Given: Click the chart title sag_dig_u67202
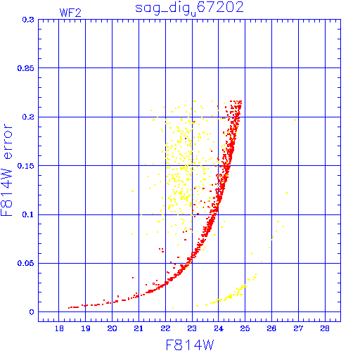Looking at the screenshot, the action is pos(189,8).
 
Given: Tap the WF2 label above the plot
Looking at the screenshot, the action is pos(70,13).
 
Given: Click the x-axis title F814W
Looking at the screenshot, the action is pos(190,345).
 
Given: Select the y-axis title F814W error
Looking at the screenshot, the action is pos(7,169).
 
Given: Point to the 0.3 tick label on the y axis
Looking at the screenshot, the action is pos(28,20).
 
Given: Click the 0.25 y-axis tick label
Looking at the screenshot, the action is pos(26,68).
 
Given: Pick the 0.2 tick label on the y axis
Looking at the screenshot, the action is pos(28,117).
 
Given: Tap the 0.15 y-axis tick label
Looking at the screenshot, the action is pos(26,166).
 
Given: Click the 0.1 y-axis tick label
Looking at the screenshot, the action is pos(28,214).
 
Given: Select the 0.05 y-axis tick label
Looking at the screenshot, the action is pos(26,263).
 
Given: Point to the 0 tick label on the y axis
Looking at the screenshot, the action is pos(32,312).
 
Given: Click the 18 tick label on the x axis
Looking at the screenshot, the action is pos(59,328).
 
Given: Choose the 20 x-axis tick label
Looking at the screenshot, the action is pos(112,328).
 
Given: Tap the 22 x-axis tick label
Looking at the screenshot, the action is pos(165,328).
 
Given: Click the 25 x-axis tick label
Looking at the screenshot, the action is pos(245,328).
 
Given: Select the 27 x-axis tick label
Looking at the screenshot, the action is pos(298,328).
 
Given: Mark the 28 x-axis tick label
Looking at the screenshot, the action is pos(325,328).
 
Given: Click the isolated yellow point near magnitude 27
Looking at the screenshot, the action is pos(295,120).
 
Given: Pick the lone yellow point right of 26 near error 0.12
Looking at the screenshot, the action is pos(287,193).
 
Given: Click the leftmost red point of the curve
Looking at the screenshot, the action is pos(69,308).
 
